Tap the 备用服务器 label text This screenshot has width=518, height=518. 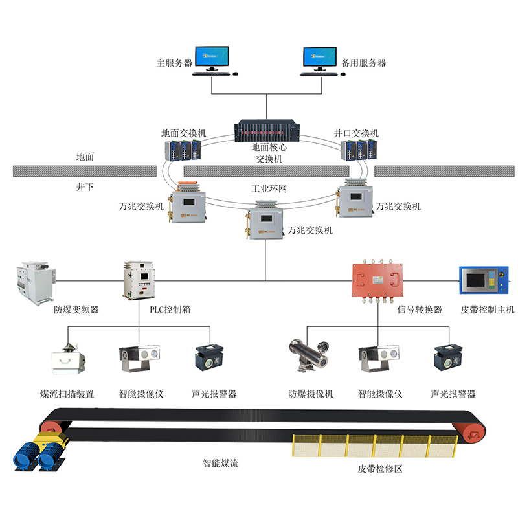click(x=363, y=63)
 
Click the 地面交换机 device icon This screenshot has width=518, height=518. click(x=183, y=150)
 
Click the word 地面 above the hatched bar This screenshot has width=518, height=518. click(x=85, y=157)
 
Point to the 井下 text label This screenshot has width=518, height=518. click(x=85, y=186)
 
